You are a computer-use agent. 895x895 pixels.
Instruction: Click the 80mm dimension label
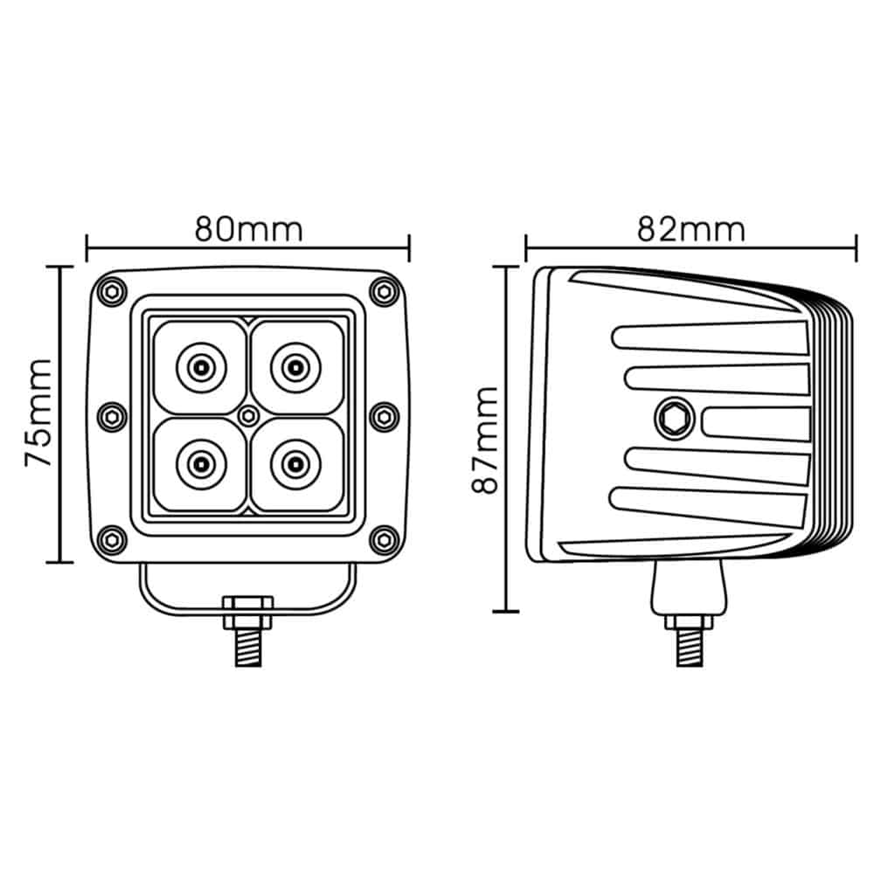(x=248, y=230)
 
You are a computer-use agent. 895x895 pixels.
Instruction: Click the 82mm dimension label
(x=690, y=230)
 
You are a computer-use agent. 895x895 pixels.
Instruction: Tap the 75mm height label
(x=38, y=413)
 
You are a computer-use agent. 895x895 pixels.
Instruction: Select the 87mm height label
(x=485, y=440)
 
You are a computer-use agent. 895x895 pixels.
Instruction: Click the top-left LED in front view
(x=201, y=368)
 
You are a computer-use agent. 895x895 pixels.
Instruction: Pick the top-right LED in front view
(x=295, y=368)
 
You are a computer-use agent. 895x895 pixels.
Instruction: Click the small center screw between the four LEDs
(x=248, y=416)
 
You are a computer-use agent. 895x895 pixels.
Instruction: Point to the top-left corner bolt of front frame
(x=113, y=292)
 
